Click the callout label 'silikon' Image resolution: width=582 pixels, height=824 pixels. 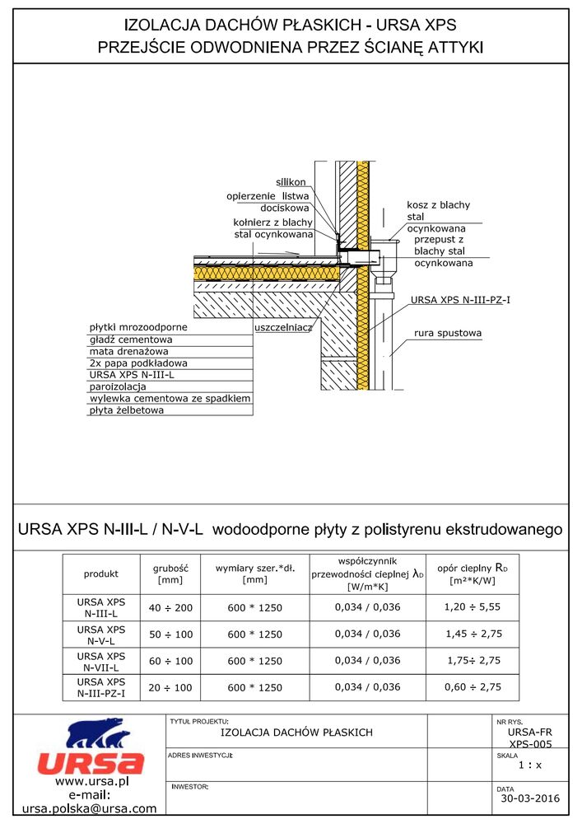291,182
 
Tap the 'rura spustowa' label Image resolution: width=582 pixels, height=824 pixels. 447,334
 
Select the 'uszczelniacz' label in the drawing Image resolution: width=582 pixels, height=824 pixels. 283,327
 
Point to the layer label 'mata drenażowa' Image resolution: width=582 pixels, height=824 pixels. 125,351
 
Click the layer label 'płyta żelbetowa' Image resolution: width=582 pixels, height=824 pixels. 127,410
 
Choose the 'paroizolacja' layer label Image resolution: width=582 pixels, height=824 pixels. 118,386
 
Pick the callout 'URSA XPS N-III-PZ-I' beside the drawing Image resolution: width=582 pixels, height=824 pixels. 459,299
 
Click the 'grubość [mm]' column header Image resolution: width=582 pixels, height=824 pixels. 171,574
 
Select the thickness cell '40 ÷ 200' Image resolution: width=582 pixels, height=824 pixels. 171,608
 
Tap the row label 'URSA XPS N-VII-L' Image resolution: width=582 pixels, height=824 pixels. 101,661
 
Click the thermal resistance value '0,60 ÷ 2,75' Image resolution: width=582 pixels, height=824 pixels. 471,687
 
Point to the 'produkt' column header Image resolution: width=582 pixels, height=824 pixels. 101,574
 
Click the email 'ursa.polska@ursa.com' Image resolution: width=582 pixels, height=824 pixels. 90,809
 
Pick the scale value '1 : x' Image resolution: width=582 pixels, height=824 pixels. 530,765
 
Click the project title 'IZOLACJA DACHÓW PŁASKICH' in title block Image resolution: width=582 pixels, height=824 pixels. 297,733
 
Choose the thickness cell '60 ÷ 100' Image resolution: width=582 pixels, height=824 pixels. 171,661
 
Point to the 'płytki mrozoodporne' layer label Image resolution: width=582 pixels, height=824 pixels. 138,327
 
